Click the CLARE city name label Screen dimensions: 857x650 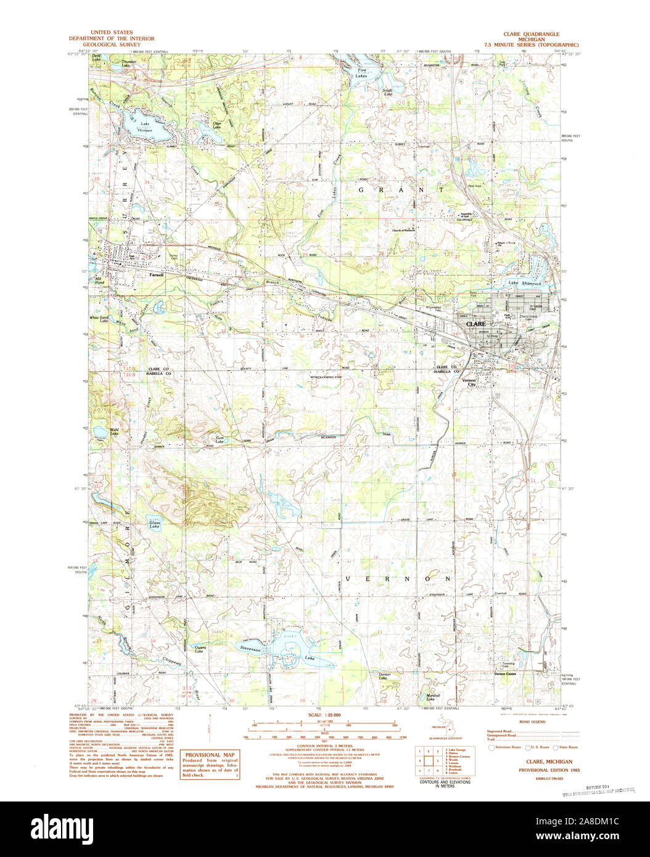[475, 324]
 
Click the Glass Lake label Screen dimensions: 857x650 [154, 525]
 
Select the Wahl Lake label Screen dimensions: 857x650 [114, 432]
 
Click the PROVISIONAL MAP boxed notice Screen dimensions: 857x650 [210, 765]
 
